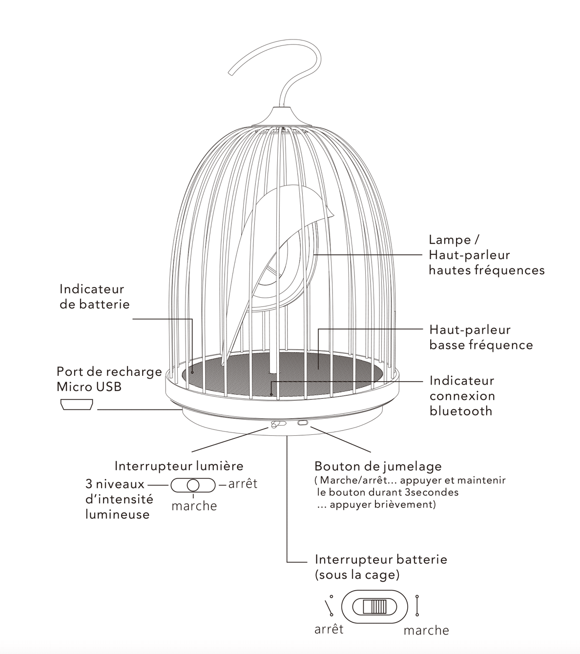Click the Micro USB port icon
pyautogui.click(x=77, y=405)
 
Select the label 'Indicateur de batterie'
pyautogui.click(x=95, y=297)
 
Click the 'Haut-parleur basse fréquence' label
pyautogui.click(x=481, y=337)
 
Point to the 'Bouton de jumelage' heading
pyautogui.click(x=378, y=466)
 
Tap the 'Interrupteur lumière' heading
pyautogui.click(x=179, y=466)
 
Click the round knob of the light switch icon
pyautogui.click(x=193, y=485)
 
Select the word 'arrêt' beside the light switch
pyautogui.click(x=243, y=484)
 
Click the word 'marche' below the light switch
pyautogui.click(x=194, y=506)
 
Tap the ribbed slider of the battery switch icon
pyautogui.click(x=374, y=607)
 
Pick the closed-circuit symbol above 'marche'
pyautogui.click(x=417, y=605)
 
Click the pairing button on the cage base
pyautogui.click(x=303, y=423)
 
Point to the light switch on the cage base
pyautogui.click(x=278, y=424)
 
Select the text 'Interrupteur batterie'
pyautogui.click(x=381, y=559)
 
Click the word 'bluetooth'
pyautogui.click(x=461, y=411)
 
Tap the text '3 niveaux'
pyautogui.click(x=115, y=484)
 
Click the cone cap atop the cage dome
pyautogui.click(x=282, y=117)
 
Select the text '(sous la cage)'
pyautogui.click(x=357, y=575)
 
